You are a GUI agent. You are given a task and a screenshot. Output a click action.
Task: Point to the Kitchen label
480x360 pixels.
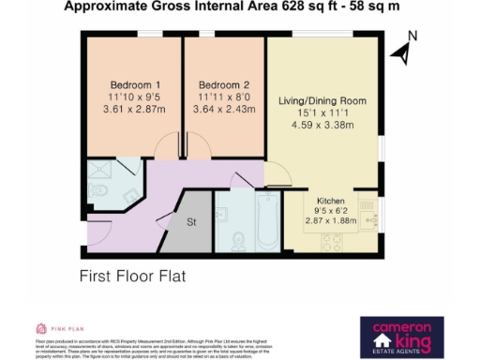(x=332, y=201)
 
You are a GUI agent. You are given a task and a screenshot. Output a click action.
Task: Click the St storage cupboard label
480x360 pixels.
(x=190, y=223)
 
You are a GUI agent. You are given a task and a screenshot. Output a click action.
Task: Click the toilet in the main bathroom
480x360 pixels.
(x=239, y=240)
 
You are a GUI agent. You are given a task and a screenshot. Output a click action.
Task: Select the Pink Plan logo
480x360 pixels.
(x=56, y=328)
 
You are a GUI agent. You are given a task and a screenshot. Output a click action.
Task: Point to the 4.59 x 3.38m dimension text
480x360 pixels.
(x=321, y=126)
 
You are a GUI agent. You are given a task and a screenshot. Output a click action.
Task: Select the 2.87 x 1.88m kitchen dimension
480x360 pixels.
(x=332, y=221)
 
